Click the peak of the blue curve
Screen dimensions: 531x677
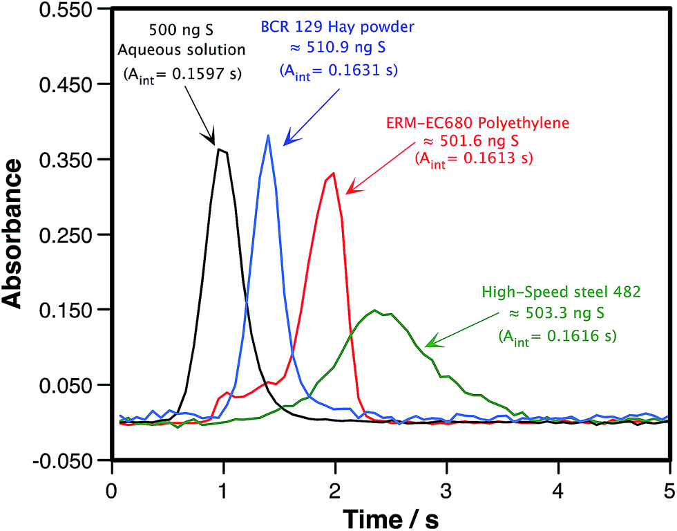(268, 136)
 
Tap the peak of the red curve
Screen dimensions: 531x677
(334, 174)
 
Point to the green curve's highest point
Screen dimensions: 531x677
(375, 310)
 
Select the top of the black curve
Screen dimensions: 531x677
(219, 149)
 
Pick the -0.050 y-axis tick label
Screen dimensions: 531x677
(65, 460)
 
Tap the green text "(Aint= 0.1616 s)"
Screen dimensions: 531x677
(556, 337)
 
